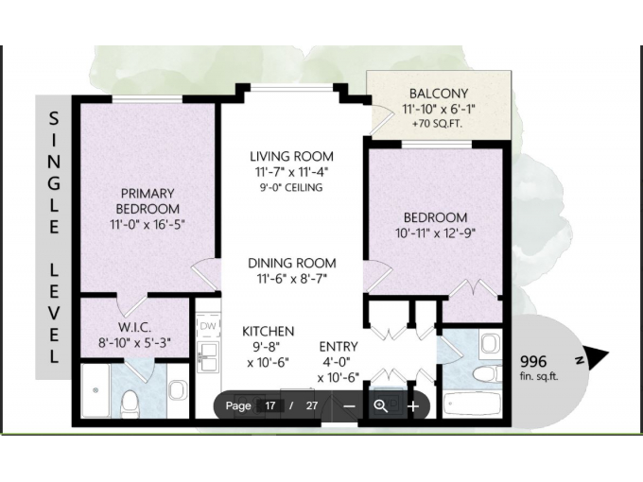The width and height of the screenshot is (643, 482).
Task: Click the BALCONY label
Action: (439, 94)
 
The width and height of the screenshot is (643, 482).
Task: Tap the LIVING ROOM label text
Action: (291, 156)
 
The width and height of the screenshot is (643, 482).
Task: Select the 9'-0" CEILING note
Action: (291, 188)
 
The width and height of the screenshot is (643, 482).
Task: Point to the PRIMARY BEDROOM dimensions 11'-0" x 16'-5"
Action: (148, 225)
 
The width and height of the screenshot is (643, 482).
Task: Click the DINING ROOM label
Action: (292, 263)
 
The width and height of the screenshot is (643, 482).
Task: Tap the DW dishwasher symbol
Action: (208, 326)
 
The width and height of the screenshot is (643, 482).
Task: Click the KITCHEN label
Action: (269, 331)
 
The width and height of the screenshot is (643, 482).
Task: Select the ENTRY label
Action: (339, 347)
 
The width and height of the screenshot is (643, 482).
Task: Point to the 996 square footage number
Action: (533, 361)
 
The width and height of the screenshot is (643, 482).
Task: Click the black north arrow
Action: (595, 355)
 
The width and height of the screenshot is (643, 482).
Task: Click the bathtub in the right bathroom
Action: (472, 404)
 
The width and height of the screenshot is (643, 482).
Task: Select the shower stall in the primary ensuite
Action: (96, 390)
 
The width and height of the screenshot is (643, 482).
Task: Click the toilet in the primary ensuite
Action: (130, 403)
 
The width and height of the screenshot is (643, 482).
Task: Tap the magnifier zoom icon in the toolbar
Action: (381, 406)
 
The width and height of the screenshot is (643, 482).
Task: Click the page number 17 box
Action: (270, 405)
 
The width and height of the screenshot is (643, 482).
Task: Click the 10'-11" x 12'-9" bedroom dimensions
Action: (435, 233)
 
